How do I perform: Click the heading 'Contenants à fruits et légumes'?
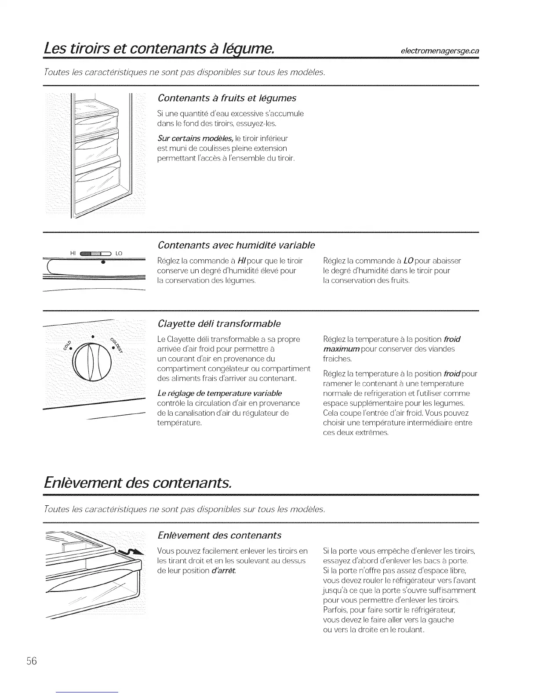click(x=227, y=98)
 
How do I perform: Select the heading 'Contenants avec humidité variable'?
click(x=236, y=244)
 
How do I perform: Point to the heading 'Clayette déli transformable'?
click(x=219, y=324)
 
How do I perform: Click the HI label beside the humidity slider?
click(x=73, y=253)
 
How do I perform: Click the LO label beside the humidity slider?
click(x=119, y=254)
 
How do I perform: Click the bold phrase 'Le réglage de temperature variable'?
click(x=219, y=393)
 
